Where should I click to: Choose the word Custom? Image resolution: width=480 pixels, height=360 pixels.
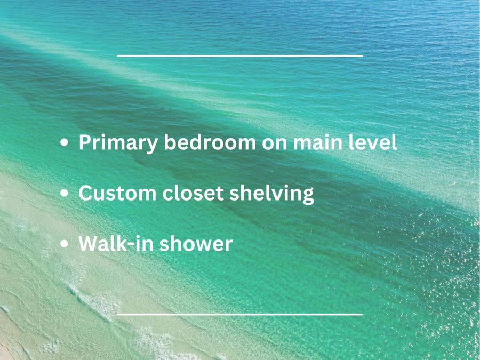tap(117, 193)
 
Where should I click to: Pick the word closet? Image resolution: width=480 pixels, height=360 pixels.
tap(193, 193)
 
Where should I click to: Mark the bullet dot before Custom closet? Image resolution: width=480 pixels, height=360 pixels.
tap(64, 193)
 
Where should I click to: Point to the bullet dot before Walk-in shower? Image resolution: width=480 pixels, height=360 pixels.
tap(64, 244)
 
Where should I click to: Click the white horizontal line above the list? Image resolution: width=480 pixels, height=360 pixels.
tap(240, 55)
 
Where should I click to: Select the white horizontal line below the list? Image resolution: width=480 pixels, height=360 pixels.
tap(240, 314)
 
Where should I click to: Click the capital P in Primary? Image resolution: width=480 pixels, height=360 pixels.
tap(86, 142)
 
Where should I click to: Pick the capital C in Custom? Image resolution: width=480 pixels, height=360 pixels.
tap(86, 193)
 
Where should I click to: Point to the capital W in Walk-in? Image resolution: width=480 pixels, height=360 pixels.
tap(90, 244)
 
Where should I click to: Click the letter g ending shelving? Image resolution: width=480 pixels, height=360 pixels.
tap(308, 196)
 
